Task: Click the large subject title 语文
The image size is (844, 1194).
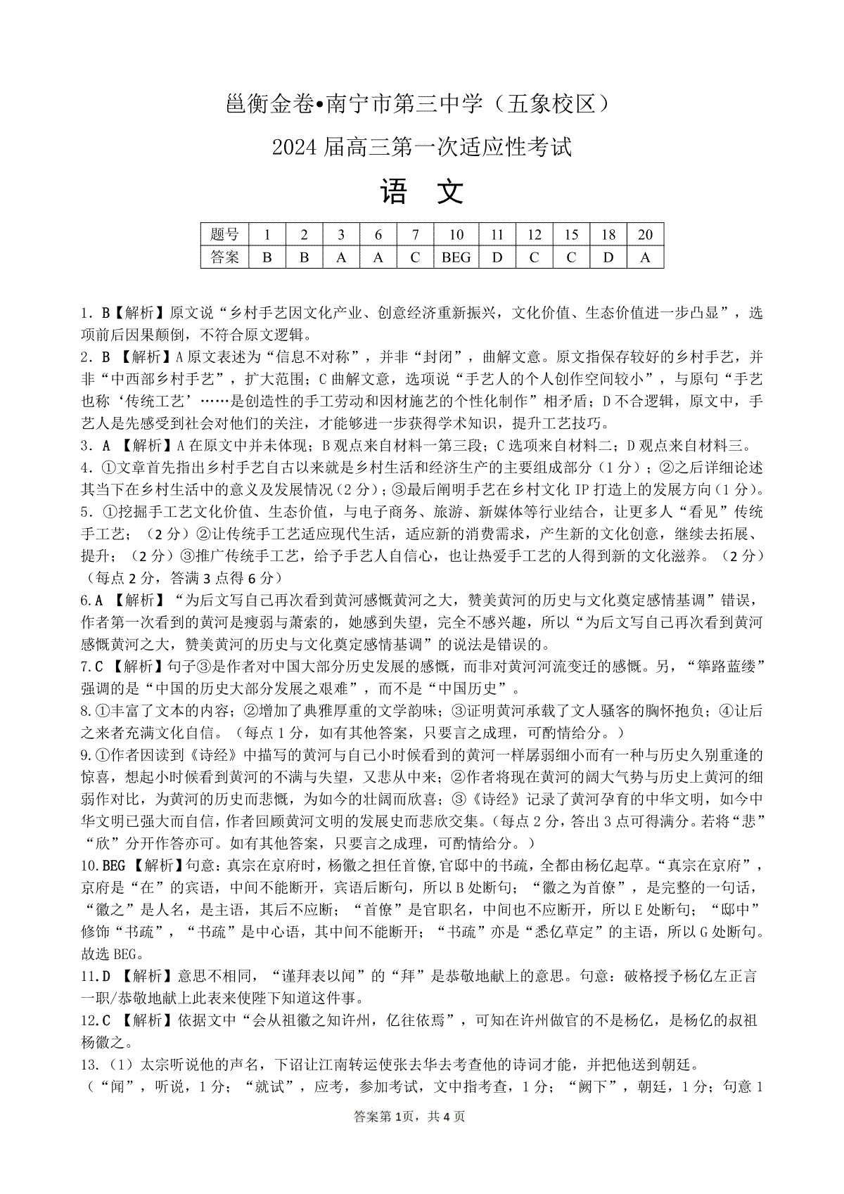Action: click(x=422, y=191)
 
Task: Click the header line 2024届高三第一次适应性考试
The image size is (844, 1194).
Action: click(x=421, y=148)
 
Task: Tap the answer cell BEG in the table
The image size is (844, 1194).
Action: click(x=456, y=257)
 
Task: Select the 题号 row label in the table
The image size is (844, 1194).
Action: click(x=224, y=235)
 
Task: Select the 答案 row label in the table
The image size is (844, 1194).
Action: click(x=224, y=257)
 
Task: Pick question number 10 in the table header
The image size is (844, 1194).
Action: click(x=456, y=235)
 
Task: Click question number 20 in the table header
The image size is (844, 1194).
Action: click(x=645, y=235)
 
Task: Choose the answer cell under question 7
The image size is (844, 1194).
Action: click(x=415, y=257)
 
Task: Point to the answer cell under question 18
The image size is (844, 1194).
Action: click(x=608, y=257)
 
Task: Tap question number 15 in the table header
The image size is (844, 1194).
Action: click(x=571, y=235)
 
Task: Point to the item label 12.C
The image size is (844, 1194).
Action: click(x=96, y=1020)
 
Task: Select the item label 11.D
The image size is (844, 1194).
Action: click(x=96, y=976)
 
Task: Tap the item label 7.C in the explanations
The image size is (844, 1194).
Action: click(x=92, y=666)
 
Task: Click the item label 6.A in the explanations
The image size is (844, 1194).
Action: click(x=92, y=600)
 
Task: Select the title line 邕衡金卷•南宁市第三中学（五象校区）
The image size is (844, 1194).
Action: click(x=421, y=104)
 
